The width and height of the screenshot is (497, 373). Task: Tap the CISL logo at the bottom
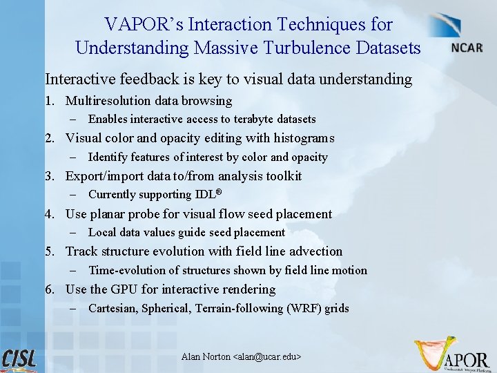(19, 359)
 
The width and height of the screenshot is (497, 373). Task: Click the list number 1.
(49, 101)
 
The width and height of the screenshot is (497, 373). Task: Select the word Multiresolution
(109, 101)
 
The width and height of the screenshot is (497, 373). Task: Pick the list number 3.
(49, 176)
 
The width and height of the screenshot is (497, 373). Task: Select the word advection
(314, 251)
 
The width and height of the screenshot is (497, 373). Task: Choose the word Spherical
(164, 309)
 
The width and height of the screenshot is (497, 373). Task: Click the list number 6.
(49, 289)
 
